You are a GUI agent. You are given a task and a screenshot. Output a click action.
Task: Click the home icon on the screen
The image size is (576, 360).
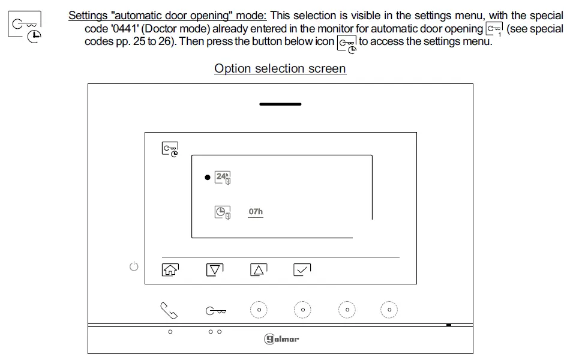click(x=170, y=270)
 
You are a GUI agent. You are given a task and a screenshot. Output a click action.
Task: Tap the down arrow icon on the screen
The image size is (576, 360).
click(x=214, y=270)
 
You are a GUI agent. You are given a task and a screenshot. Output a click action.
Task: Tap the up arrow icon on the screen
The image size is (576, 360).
click(x=258, y=270)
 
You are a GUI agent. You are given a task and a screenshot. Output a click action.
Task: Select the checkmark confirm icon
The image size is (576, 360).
click(x=302, y=270)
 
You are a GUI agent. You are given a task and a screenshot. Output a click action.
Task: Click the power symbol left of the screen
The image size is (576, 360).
click(x=134, y=266)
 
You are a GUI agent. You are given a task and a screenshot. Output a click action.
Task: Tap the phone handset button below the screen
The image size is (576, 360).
click(x=169, y=310)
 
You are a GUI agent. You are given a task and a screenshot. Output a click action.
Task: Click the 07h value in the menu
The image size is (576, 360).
click(x=256, y=212)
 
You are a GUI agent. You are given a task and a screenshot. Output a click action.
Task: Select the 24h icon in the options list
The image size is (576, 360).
click(x=223, y=178)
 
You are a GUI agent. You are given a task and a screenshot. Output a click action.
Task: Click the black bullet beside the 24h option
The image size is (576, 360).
click(x=207, y=178)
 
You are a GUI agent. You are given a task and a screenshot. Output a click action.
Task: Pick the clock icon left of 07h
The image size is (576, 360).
click(x=223, y=212)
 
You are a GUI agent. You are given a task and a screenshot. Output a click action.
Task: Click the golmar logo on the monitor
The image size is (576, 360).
click(x=281, y=339)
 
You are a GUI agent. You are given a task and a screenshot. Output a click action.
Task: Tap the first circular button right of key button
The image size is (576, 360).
click(x=259, y=310)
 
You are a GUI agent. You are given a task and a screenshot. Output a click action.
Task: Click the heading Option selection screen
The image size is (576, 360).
click(x=280, y=68)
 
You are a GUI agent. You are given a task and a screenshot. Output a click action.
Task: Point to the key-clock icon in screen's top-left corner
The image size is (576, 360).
click(x=170, y=149)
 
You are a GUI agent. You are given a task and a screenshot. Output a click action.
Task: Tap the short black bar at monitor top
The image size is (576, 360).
click(x=280, y=104)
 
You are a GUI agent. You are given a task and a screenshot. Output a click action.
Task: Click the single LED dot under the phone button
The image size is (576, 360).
click(x=170, y=332)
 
